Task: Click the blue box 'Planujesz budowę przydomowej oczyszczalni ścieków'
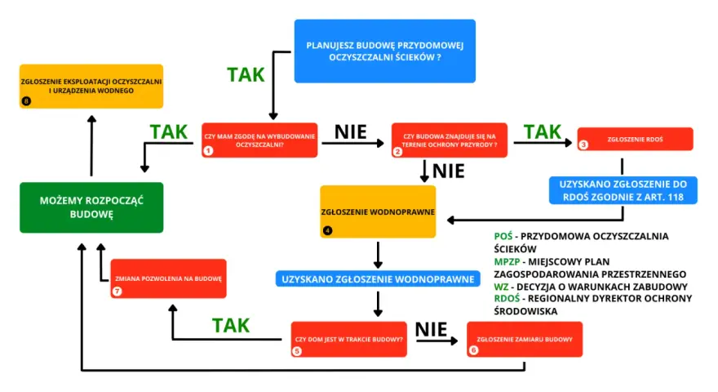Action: click(384, 51)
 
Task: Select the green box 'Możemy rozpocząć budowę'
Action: click(91, 207)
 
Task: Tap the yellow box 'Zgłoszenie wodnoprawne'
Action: click(378, 212)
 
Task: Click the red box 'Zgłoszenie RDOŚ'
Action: click(635, 139)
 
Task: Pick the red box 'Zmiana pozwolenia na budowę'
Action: click(169, 278)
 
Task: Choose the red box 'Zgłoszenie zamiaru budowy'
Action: click(525, 339)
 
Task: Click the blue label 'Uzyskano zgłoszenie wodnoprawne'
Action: click(378, 278)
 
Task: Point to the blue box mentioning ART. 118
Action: click(623, 190)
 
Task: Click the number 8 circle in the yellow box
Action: click(26, 101)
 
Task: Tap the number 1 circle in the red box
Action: click(208, 150)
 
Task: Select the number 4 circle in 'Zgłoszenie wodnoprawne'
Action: click(327, 230)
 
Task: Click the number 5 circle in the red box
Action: click(297, 350)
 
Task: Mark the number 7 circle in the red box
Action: click(117, 291)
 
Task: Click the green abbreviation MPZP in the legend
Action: click(507, 262)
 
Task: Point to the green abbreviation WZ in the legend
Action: click(502, 287)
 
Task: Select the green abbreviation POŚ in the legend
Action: click(503, 236)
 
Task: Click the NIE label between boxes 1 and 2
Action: click(351, 132)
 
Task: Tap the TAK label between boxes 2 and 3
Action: click(543, 131)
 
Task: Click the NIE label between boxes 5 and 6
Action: click(431, 329)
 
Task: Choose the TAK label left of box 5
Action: click(231, 325)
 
